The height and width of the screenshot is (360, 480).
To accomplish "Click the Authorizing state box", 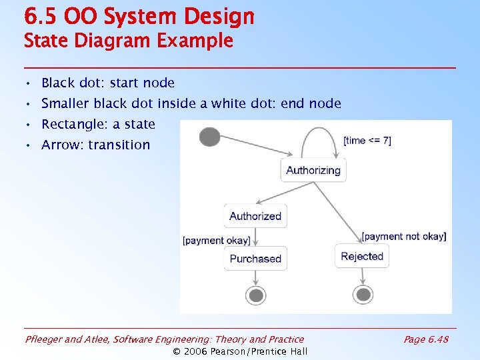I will (313, 170).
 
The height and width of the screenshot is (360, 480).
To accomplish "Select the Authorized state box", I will (255, 216).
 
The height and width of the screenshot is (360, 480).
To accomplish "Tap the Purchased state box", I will (255, 259).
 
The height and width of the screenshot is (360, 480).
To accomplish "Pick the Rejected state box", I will (362, 256).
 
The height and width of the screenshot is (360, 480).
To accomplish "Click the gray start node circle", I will (209, 137).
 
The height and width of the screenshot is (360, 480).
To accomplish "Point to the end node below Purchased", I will (255, 295).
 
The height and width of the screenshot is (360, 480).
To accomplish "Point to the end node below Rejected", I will (363, 294).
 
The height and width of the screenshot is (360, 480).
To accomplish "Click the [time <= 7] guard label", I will (367, 141).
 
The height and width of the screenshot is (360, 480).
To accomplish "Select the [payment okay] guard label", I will (217, 240).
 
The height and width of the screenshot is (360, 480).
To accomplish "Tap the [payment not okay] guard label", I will (404, 237).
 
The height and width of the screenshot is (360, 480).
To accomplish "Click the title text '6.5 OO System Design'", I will (139, 16).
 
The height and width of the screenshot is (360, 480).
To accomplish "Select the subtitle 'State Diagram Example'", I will (128, 41).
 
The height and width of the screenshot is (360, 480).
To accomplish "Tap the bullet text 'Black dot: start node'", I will (108, 83).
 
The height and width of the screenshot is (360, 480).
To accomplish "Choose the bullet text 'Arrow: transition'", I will (96, 145).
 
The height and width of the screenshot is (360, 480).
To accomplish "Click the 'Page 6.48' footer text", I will (426, 339).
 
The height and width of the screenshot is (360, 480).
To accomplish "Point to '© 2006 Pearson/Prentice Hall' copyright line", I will (240, 351).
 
